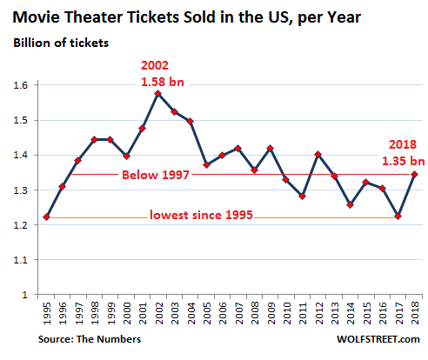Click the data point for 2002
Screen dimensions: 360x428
pyautogui.click(x=157, y=93)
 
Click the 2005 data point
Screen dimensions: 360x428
pyautogui.click(x=206, y=165)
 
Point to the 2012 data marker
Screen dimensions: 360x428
pyautogui.click(x=319, y=155)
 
